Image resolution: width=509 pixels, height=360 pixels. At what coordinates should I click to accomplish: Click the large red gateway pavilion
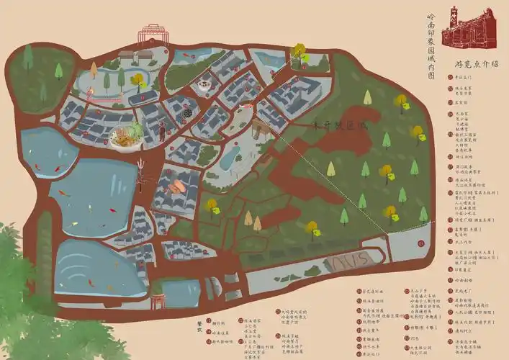click(152, 34)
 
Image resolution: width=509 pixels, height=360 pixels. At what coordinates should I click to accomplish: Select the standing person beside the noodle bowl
click(162, 132)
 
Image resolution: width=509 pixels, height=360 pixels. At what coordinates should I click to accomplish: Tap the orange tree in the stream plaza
click(94, 70)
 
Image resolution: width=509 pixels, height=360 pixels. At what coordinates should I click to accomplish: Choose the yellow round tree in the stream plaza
click(137, 79)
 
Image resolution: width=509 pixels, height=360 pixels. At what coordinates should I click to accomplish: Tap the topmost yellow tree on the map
click(299, 51)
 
